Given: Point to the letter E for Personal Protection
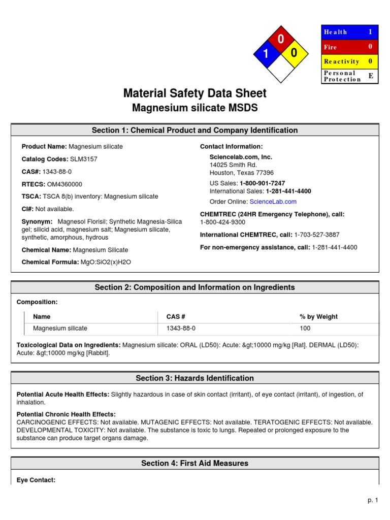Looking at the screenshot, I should click(x=370, y=75).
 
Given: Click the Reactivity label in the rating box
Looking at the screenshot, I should click(x=341, y=61).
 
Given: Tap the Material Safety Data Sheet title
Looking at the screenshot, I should click(x=194, y=93).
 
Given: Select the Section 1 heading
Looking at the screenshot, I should click(x=194, y=131).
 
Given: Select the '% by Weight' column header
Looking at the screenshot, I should click(x=318, y=317).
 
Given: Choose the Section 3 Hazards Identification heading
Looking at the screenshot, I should click(x=194, y=378).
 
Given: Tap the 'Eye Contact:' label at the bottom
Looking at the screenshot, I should click(x=36, y=480).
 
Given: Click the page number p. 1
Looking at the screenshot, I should click(x=373, y=500).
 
